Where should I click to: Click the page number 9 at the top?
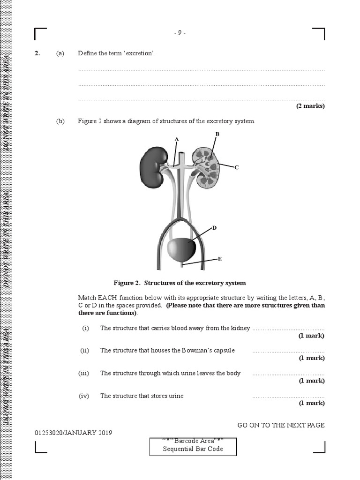pyautogui.click(x=180, y=33)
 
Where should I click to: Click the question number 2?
pyautogui.click(x=37, y=53)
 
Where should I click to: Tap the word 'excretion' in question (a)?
pyautogui.click(x=139, y=53)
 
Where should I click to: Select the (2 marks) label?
pyautogui.click(x=310, y=106)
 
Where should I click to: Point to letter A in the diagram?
pyautogui.click(x=177, y=139)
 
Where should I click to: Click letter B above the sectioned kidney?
pyautogui.click(x=217, y=134)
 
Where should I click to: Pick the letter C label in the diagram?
pyautogui.click(x=237, y=167)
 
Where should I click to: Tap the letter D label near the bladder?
pyautogui.click(x=214, y=228)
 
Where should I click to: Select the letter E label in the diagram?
pyautogui.click(x=220, y=258)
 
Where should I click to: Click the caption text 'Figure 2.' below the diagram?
pyautogui.click(x=127, y=283)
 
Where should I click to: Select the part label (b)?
pyautogui.click(x=60, y=121)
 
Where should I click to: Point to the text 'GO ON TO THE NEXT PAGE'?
pyautogui.click(x=281, y=425)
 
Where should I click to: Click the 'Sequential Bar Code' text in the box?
pyautogui.click(x=193, y=449)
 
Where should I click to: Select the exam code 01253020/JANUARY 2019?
pyautogui.click(x=73, y=433)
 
